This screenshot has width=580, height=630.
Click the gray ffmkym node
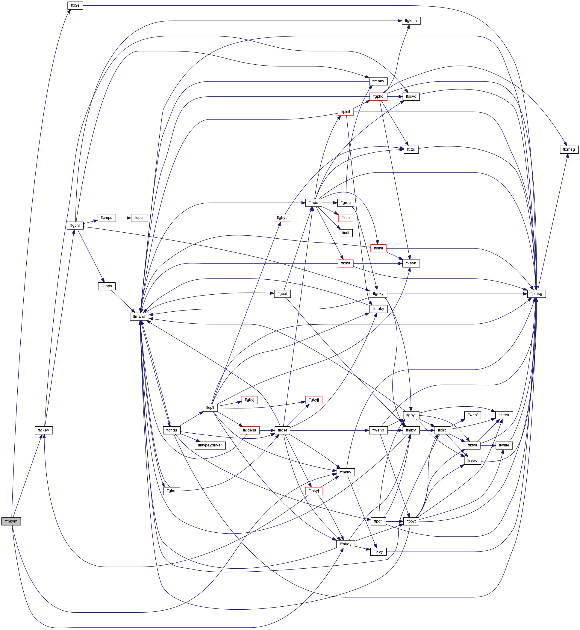point(11,521)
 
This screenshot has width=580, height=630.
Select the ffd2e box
point(75,6)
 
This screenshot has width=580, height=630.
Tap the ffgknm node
point(411,21)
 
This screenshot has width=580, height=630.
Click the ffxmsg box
point(569,149)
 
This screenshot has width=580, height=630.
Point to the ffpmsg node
point(536,294)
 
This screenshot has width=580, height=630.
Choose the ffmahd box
point(139,316)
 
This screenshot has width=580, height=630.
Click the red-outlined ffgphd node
point(378,96)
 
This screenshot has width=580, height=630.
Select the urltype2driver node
point(210,446)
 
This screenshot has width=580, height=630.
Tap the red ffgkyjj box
point(314,400)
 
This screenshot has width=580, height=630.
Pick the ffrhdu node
point(314,203)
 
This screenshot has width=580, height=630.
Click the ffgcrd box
point(75,225)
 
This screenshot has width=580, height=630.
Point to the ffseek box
point(504,415)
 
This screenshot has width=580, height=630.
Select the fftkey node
point(378,552)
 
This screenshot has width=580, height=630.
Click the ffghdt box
point(172,491)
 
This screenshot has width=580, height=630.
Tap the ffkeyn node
point(411,263)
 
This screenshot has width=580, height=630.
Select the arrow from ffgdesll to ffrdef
point(267,430)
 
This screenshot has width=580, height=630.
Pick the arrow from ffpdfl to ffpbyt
point(395,521)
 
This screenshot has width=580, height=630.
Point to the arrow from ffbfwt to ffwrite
point(488,446)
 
